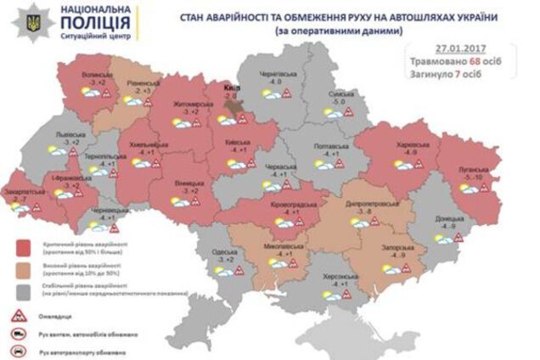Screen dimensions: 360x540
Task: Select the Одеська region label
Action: pyautogui.click(x=225, y=251)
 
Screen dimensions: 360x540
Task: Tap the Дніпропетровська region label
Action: pyautogui.click(x=368, y=205)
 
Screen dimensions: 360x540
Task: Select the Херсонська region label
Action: pyautogui.click(x=349, y=277)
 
